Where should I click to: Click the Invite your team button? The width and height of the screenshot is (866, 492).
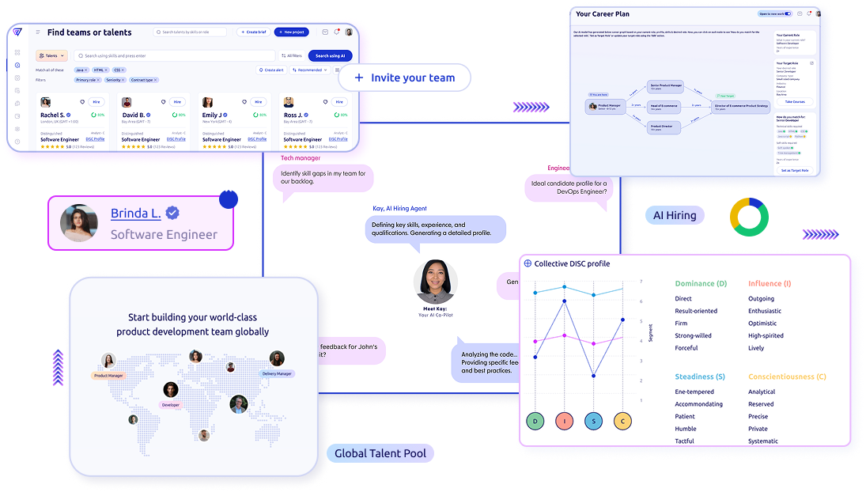404,78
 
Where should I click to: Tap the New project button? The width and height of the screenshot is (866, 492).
291,32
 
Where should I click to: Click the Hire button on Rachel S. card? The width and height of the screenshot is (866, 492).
96,102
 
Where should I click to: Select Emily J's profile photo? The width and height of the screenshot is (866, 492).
207,103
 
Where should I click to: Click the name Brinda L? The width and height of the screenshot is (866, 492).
136,214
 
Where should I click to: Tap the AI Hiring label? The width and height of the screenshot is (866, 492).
675,215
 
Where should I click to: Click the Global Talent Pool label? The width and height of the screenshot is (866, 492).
380,453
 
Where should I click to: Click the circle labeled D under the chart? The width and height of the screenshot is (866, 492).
535,422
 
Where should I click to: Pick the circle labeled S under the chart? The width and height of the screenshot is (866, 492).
594,422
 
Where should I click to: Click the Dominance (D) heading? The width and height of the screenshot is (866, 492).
701,283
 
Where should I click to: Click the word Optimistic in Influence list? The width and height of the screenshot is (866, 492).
762,324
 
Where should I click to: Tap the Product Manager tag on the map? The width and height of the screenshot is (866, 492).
108,376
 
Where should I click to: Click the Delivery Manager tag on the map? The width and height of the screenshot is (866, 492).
277,373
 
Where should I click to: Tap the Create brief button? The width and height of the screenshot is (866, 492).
253,32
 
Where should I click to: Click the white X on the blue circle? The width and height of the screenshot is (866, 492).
228,189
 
